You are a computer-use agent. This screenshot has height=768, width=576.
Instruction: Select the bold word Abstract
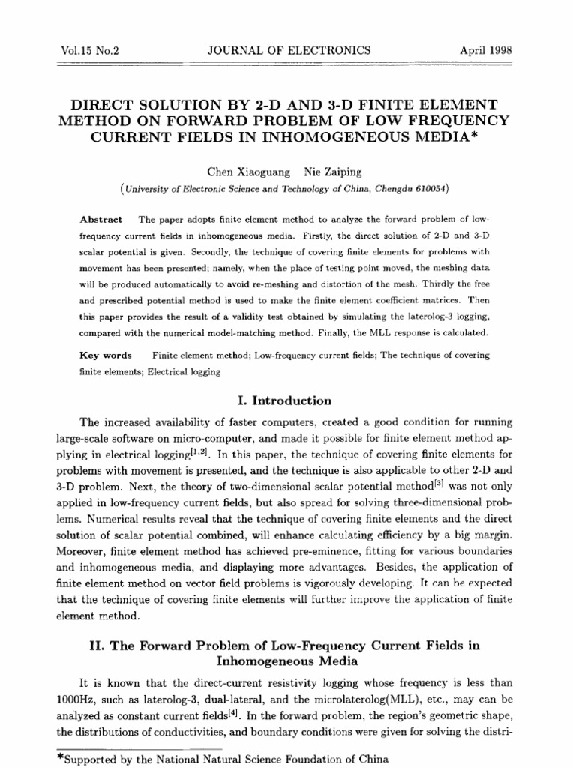click(x=101, y=219)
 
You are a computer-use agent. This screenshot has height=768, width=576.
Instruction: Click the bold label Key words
click(x=106, y=355)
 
